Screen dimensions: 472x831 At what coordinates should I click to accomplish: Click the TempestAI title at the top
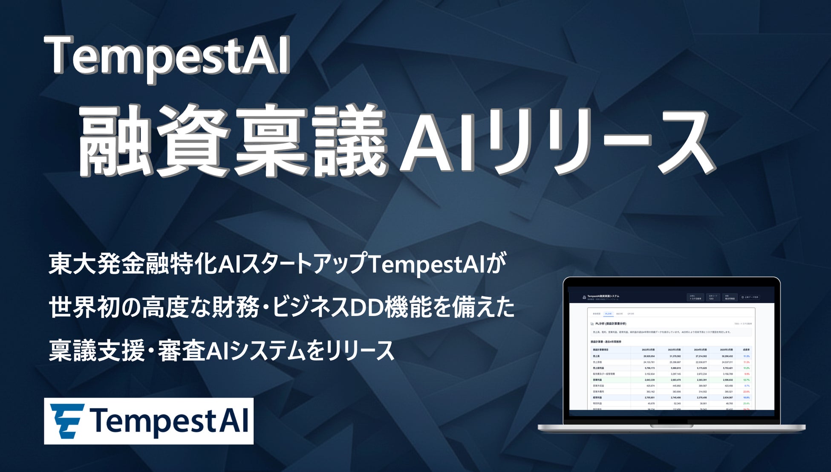167,56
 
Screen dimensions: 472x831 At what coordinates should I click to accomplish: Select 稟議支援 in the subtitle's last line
96,350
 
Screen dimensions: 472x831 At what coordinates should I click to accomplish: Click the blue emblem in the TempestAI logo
67,421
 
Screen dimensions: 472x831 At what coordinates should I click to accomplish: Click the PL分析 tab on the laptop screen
609,314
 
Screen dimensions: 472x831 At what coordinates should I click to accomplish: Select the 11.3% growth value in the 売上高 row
746,356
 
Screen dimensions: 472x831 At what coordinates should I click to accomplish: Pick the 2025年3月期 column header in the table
724,350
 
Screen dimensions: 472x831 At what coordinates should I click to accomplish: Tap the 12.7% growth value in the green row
746,379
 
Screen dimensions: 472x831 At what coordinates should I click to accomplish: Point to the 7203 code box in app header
712,297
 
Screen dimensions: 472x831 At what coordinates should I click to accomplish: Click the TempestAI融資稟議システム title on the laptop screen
603,296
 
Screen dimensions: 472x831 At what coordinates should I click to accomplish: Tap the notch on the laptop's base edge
671,425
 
